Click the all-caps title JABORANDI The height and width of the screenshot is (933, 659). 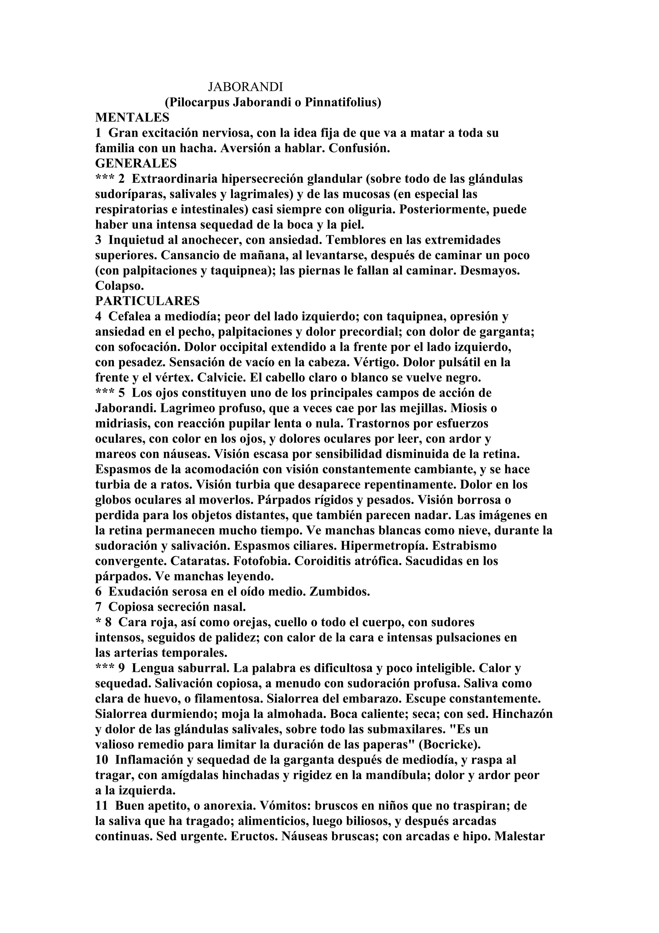click(x=245, y=87)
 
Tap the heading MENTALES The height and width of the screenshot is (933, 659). click(x=132, y=118)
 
